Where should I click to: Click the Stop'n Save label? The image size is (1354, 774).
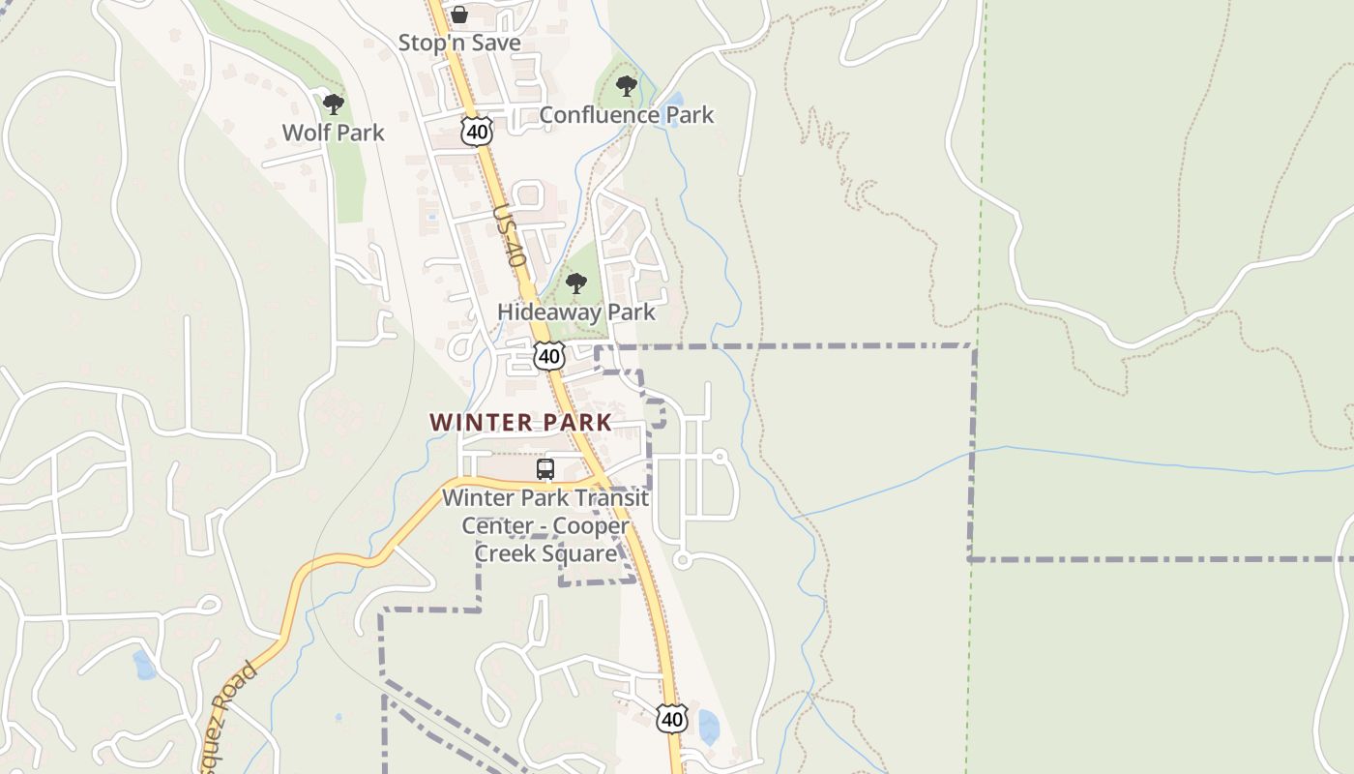click(459, 43)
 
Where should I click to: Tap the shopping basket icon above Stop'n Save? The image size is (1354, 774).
click(459, 15)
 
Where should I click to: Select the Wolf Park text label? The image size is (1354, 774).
click(333, 133)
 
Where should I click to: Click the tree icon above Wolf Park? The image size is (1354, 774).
click(333, 104)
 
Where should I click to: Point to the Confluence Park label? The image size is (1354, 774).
click(626, 115)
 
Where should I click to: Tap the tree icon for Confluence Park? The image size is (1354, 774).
click(627, 86)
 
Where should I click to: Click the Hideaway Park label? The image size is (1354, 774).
click(575, 313)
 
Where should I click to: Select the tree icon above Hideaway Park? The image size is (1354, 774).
click(576, 283)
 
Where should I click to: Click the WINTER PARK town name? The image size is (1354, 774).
click(520, 423)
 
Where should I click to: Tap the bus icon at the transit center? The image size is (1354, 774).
click(545, 469)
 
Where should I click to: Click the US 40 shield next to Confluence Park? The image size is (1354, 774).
click(477, 132)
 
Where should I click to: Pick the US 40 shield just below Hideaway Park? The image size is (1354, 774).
click(549, 356)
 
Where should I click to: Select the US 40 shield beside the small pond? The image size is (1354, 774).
click(672, 718)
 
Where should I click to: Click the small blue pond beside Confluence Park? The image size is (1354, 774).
click(674, 99)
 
